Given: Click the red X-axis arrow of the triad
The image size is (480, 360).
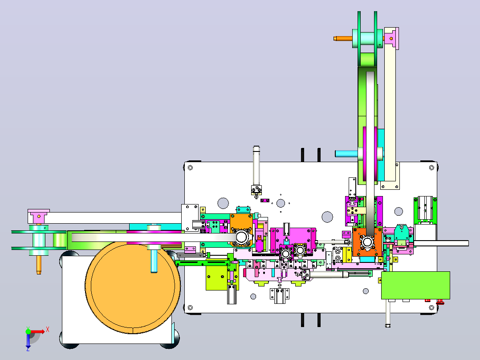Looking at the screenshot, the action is pyautogui.click(x=37, y=331).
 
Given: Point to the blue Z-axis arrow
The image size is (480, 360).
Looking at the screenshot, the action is pyautogui.click(x=28, y=340).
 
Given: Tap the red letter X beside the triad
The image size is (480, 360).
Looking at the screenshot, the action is pyautogui.click(x=48, y=330).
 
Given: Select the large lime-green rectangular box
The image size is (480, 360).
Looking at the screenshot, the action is pyautogui.click(x=415, y=285).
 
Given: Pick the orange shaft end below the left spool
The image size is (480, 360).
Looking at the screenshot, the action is pyautogui.click(x=39, y=265).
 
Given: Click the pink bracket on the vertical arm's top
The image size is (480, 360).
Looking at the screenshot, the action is pyautogui.click(x=392, y=38).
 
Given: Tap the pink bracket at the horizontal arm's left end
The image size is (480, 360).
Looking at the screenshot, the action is pyautogui.click(x=39, y=216).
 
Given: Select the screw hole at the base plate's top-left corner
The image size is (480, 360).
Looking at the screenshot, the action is pyautogui.click(x=190, y=168).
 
